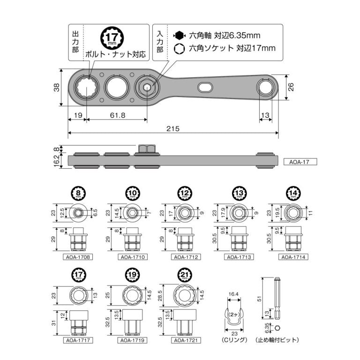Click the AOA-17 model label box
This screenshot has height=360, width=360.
(x=300, y=162)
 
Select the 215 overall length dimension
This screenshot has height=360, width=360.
(x=172, y=128)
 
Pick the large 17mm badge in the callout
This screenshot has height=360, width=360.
(x=112, y=37)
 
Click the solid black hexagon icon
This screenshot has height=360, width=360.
(x=179, y=35)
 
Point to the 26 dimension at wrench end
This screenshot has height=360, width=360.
(x=290, y=87)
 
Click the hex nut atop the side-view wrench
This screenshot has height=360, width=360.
(x=146, y=149)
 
